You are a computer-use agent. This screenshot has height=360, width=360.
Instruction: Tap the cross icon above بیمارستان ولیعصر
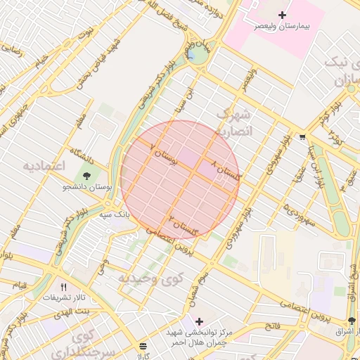pos(283,15)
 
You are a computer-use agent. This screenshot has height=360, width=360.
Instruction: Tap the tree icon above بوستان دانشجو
pos(86,175)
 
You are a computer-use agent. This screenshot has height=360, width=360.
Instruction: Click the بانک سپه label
pos(115,213)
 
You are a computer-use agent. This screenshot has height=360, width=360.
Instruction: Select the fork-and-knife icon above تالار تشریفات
pos(64,286)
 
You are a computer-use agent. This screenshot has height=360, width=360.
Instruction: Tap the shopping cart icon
pos(302,136)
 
